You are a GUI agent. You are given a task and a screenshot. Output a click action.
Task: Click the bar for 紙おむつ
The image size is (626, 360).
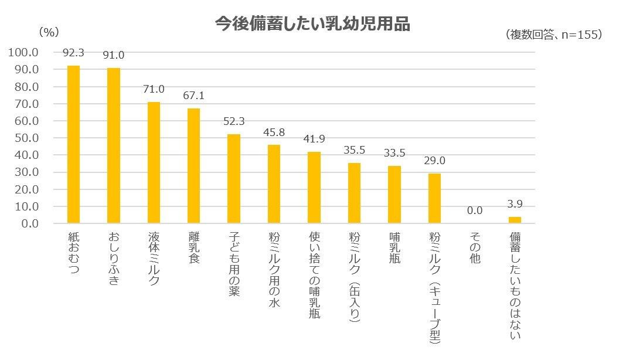point(73,144)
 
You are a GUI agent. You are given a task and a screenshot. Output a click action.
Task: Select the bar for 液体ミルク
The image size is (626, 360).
point(154,162)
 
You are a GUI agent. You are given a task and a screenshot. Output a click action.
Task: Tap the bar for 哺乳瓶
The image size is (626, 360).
point(394,194)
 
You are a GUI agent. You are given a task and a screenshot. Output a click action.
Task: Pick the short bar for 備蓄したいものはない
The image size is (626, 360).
point(515,220)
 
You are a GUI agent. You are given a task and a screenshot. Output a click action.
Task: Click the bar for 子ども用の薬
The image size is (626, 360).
point(234,178)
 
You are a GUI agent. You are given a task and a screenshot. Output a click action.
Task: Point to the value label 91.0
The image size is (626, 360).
point(114,55)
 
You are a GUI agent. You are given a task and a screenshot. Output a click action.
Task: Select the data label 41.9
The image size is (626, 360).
point(314,139)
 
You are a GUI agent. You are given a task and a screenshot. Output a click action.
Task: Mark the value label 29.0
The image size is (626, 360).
point(434,161)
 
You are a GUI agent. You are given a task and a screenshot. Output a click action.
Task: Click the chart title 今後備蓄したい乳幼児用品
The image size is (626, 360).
point(312,24)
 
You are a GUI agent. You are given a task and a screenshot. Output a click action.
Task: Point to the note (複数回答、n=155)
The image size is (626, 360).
point(553,35)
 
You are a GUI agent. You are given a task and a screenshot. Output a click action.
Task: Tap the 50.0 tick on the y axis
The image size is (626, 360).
point(26,138)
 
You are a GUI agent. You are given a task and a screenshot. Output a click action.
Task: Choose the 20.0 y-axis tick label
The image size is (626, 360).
point(26,189)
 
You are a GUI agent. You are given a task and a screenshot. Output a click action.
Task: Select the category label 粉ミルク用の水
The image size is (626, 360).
point(274,269)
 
